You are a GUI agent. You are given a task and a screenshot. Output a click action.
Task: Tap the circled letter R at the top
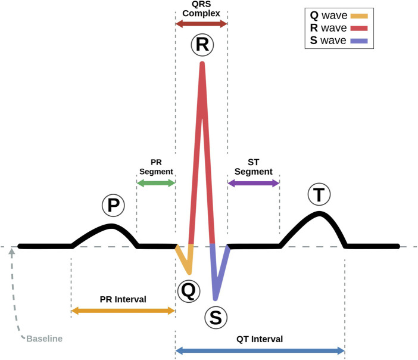pos(202,45)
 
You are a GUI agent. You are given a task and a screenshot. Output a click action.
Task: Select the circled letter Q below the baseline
pos(186,291)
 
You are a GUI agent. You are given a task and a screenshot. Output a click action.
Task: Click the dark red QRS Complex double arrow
pos(201,24)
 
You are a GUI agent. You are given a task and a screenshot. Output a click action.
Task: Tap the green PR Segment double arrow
pos(155,184)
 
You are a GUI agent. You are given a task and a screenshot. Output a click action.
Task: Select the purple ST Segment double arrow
pos(254,184)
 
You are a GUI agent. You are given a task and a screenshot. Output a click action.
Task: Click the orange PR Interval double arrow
pos(123,311)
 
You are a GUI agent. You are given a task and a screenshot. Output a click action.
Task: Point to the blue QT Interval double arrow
pos(260,351)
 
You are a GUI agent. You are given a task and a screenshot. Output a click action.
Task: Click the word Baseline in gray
pos(44,339)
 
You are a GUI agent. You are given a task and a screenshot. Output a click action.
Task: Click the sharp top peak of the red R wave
pos(202,63)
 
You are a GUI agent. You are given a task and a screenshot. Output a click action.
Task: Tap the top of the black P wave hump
pos(112,226)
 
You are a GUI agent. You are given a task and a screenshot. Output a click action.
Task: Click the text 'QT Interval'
pos(259,339)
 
